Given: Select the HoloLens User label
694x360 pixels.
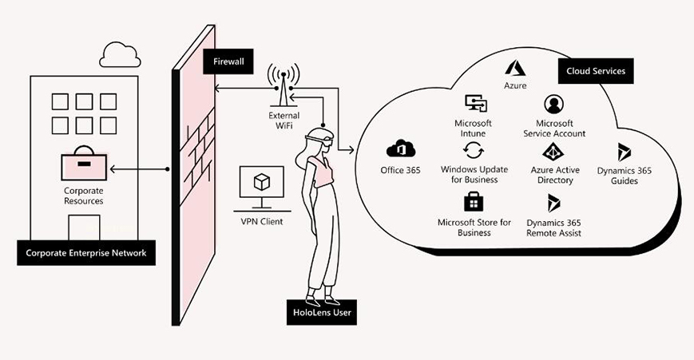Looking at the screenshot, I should pos(323,313).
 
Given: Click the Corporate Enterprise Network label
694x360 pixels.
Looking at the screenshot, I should pos(85,254).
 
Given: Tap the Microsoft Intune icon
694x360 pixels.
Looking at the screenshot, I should pos(474,105).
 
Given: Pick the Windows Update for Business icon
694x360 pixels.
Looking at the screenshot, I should pos(473,152).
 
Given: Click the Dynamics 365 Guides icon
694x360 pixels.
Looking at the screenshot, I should pos(624,152).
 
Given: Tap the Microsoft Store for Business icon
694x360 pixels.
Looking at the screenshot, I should pos(474,200).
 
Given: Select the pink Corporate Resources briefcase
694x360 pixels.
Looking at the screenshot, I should pos(84,167).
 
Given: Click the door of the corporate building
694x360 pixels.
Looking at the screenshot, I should pos(84,228).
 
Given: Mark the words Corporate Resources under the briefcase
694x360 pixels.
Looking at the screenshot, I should pos(84,196).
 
